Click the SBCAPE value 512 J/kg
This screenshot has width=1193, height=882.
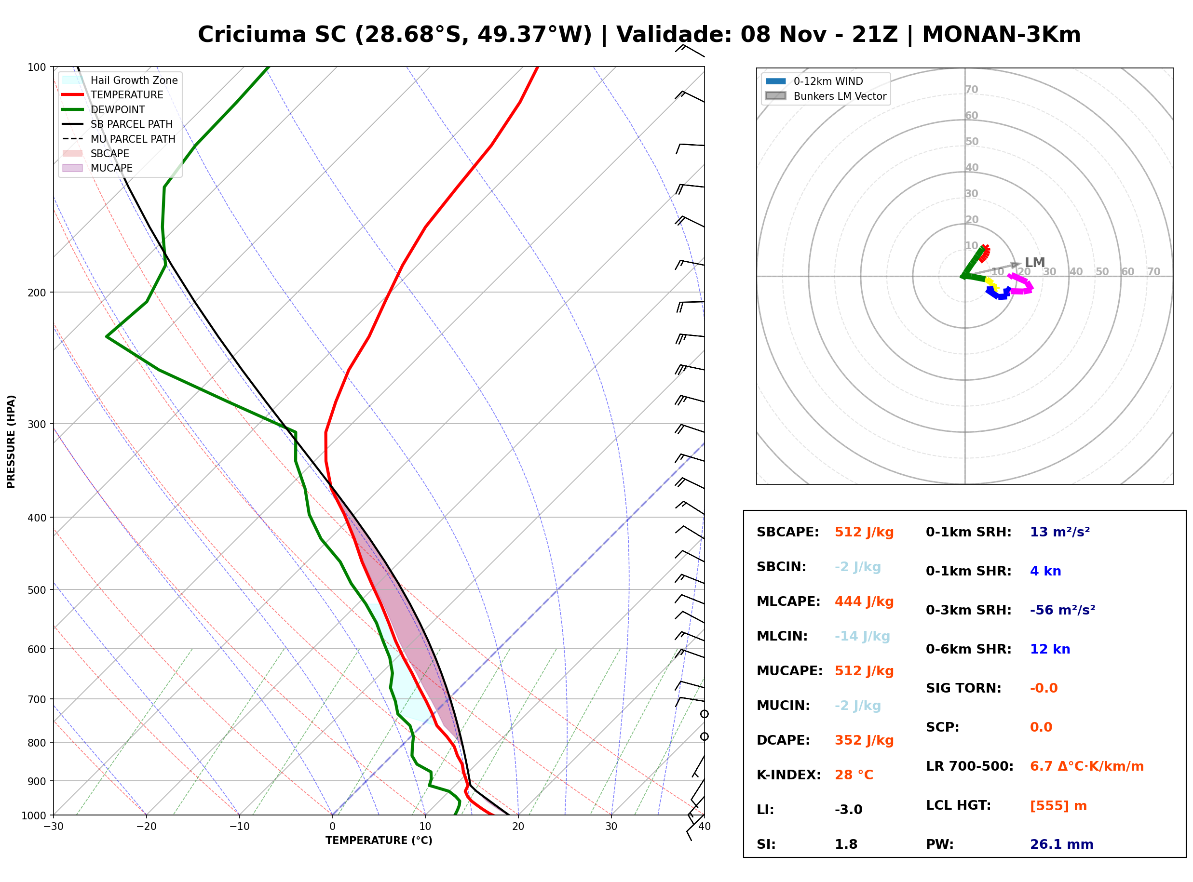[864, 532]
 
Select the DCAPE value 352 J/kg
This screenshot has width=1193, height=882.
[864, 740]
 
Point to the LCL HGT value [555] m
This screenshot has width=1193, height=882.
[1058, 806]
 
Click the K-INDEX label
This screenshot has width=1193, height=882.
[789, 775]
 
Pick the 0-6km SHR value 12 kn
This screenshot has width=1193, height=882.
[1050, 649]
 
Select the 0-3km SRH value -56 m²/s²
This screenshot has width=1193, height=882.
[1063, 610]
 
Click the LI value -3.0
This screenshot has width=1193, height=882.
[849, 810]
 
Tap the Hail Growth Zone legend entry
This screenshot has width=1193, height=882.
[120, 80]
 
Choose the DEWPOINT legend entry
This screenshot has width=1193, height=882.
[104, 109]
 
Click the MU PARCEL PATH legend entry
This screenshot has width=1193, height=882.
[119, 139]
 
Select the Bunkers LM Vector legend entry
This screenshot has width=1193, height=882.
[826, 96]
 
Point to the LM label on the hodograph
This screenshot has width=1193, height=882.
[1035, 262]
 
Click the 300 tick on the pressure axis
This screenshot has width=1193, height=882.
[37, 425]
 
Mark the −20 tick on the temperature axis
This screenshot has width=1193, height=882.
[146, 827]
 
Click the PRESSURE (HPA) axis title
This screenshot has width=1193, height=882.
[11, 441]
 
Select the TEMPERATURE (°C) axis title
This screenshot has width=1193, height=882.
[379, 841]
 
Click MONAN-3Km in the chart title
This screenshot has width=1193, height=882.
[1001, 35]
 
